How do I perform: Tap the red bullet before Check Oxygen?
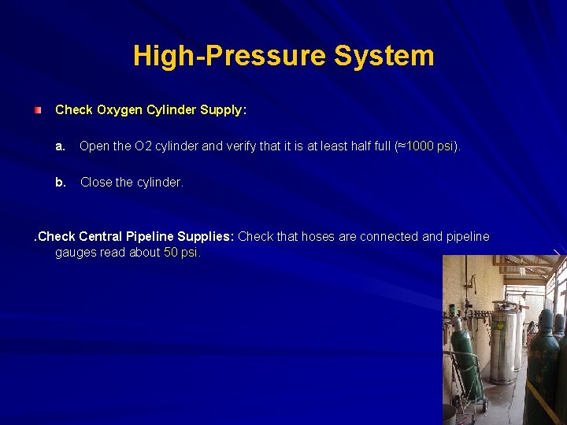click(x=38, y=110)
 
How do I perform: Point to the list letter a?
click(x=60, y=146)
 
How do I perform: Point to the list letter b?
click(x=60, y=182)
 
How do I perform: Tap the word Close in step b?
click(x=96, y=182)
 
